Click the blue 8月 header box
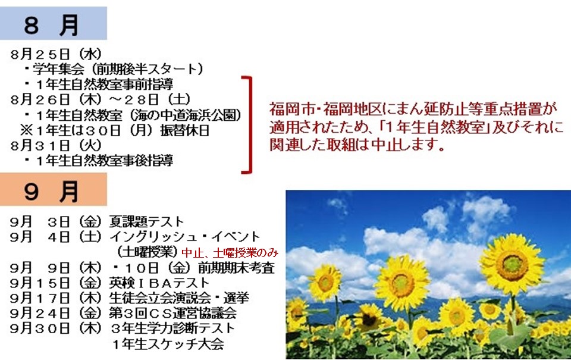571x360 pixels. pyautogui.click(x=53, y=23)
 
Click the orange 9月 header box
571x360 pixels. pyautogui.click(x=53, y=189)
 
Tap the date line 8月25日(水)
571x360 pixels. pyautogui.click(x=56, y=54)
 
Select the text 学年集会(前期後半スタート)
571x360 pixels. pyautogui.click(x=118, y=69)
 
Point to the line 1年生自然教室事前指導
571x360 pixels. pyautogui.click(x=105, y=84)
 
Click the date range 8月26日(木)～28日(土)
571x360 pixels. pyautogui.click(x=101, y=99)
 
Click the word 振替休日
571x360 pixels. pyautogui.click(x=184, y=130)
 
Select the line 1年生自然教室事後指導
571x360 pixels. pyautogui.click(x=105, y=160)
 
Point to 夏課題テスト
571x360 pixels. pyautogui.click(x=147, y=221)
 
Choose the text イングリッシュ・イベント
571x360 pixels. pyautogui.click(x=185, y=237)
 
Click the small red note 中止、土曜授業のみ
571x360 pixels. pyautogui.click(x=230, y=252)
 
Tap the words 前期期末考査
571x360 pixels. pyautogui.click(x=236, y=268)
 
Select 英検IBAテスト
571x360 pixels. pyautogui.click(x=159, y=283)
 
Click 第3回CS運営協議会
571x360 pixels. pyautogui.click(x=172, y=313)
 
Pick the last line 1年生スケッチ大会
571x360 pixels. pyautogui.click(x=168, y=344)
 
